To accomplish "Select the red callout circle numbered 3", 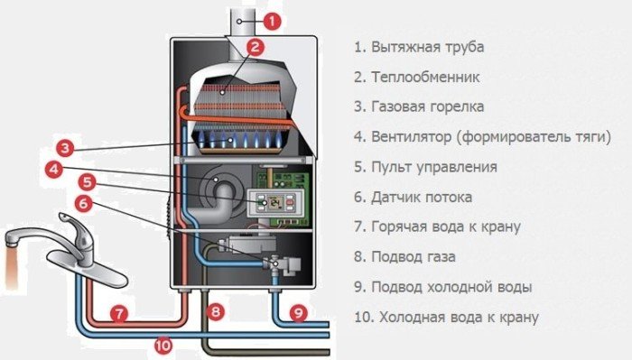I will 65,147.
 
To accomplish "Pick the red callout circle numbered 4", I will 55,169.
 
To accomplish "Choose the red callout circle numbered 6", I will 84,203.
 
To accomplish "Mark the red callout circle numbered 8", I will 215,312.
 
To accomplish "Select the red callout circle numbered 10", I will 163,343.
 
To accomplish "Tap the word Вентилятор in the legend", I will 412,137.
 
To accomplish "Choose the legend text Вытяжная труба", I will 416,46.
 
